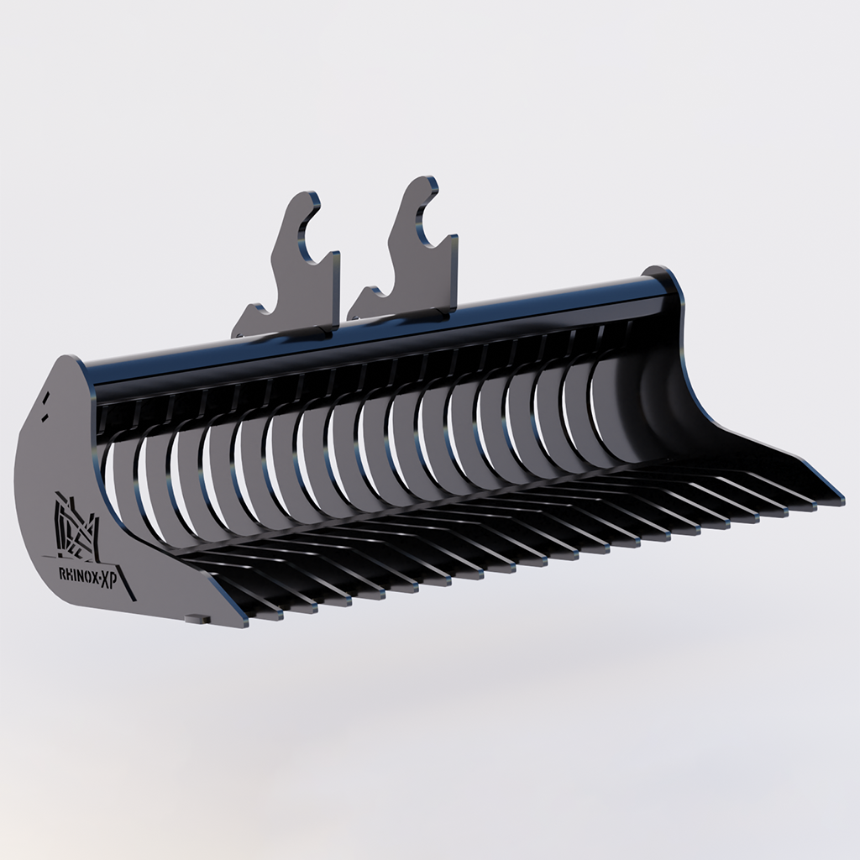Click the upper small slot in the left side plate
49,396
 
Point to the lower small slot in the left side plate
42,413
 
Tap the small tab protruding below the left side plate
198,619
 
